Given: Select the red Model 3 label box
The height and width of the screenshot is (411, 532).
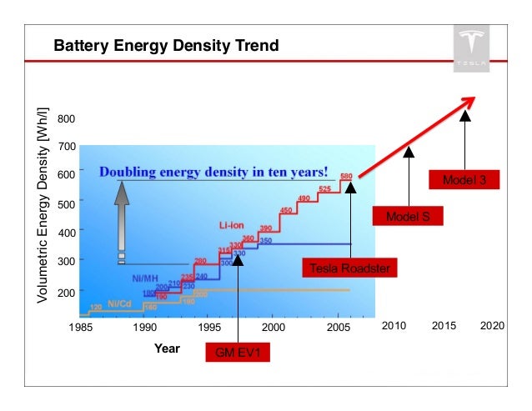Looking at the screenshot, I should tap(464, 179).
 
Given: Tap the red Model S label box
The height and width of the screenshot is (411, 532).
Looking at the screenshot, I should tap(408, 217).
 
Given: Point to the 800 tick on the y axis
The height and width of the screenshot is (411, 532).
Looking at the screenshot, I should tap(67, 119).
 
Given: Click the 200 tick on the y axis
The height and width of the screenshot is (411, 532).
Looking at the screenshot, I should tap(67, 293).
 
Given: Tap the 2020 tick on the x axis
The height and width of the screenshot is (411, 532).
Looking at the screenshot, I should tap(493, 326).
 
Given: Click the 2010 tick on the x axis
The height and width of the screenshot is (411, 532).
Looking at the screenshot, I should tap(394, 326).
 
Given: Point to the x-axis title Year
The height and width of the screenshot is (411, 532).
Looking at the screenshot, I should tap(167, 348).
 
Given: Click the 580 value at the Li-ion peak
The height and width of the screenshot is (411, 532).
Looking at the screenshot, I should tap(347, 177).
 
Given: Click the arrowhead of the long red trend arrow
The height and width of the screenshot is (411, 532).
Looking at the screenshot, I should tap(469, 101).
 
